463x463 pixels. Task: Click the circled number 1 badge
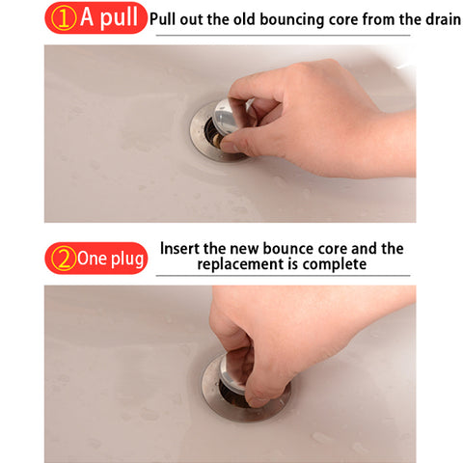(x=64, y=19)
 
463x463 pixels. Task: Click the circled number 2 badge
(x=64, y=259)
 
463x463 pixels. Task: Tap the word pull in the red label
(x=119, y=17)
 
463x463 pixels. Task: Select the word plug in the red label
(x=127, y=259)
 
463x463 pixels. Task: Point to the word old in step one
(x=244, y=19)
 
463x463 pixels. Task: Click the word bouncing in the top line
(x=292, y=19)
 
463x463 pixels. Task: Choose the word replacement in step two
(x=240, y=264)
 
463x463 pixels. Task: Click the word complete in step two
(x=334, y=264)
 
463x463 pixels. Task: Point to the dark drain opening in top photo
(x=212, y=133)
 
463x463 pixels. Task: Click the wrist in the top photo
(x=395, y=143)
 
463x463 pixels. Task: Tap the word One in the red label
(x=92, y=258)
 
